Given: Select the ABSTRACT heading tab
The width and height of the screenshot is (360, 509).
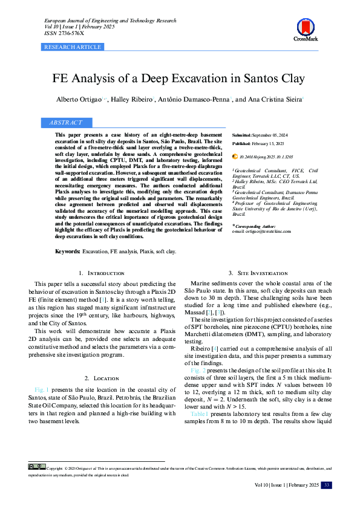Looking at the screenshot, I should pyautogui.click(x=67, y=123).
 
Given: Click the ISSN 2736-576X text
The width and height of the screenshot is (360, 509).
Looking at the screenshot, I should pyautogui.click(x=64, y=34).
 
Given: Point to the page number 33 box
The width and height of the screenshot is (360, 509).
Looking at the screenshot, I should pyautogui.click(x=326, y=485).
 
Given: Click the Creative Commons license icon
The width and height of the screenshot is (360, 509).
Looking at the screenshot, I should pyautogui.click(x=36, y=467).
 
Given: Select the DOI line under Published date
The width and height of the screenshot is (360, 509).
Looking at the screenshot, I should pyautogui.click(x=262, y=157).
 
